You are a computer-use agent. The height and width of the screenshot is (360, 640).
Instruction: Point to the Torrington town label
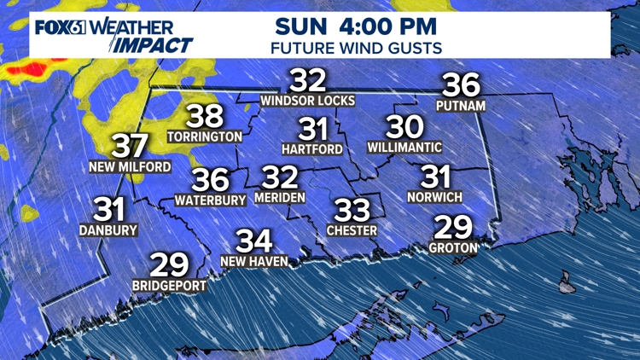(205, 136)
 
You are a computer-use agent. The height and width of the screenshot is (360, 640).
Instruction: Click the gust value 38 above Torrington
(205, 116)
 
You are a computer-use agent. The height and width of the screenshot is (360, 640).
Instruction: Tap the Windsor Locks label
(308, 101)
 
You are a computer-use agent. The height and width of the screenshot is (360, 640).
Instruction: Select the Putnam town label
(461, 106)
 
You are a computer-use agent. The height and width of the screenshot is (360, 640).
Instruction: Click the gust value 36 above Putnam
(461, 85)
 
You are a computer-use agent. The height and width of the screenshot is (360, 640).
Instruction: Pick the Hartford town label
(312, 149)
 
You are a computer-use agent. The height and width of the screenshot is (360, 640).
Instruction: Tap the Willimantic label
(405, 148)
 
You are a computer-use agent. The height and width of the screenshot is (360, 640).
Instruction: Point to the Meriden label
(279, 197)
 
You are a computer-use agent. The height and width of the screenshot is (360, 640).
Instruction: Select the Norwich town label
(435, 197)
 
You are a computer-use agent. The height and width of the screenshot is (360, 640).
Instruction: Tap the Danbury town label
(108, 229)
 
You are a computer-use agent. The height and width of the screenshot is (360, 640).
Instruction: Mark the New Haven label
(253, 261)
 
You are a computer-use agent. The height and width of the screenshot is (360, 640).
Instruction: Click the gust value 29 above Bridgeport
(168, 265)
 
